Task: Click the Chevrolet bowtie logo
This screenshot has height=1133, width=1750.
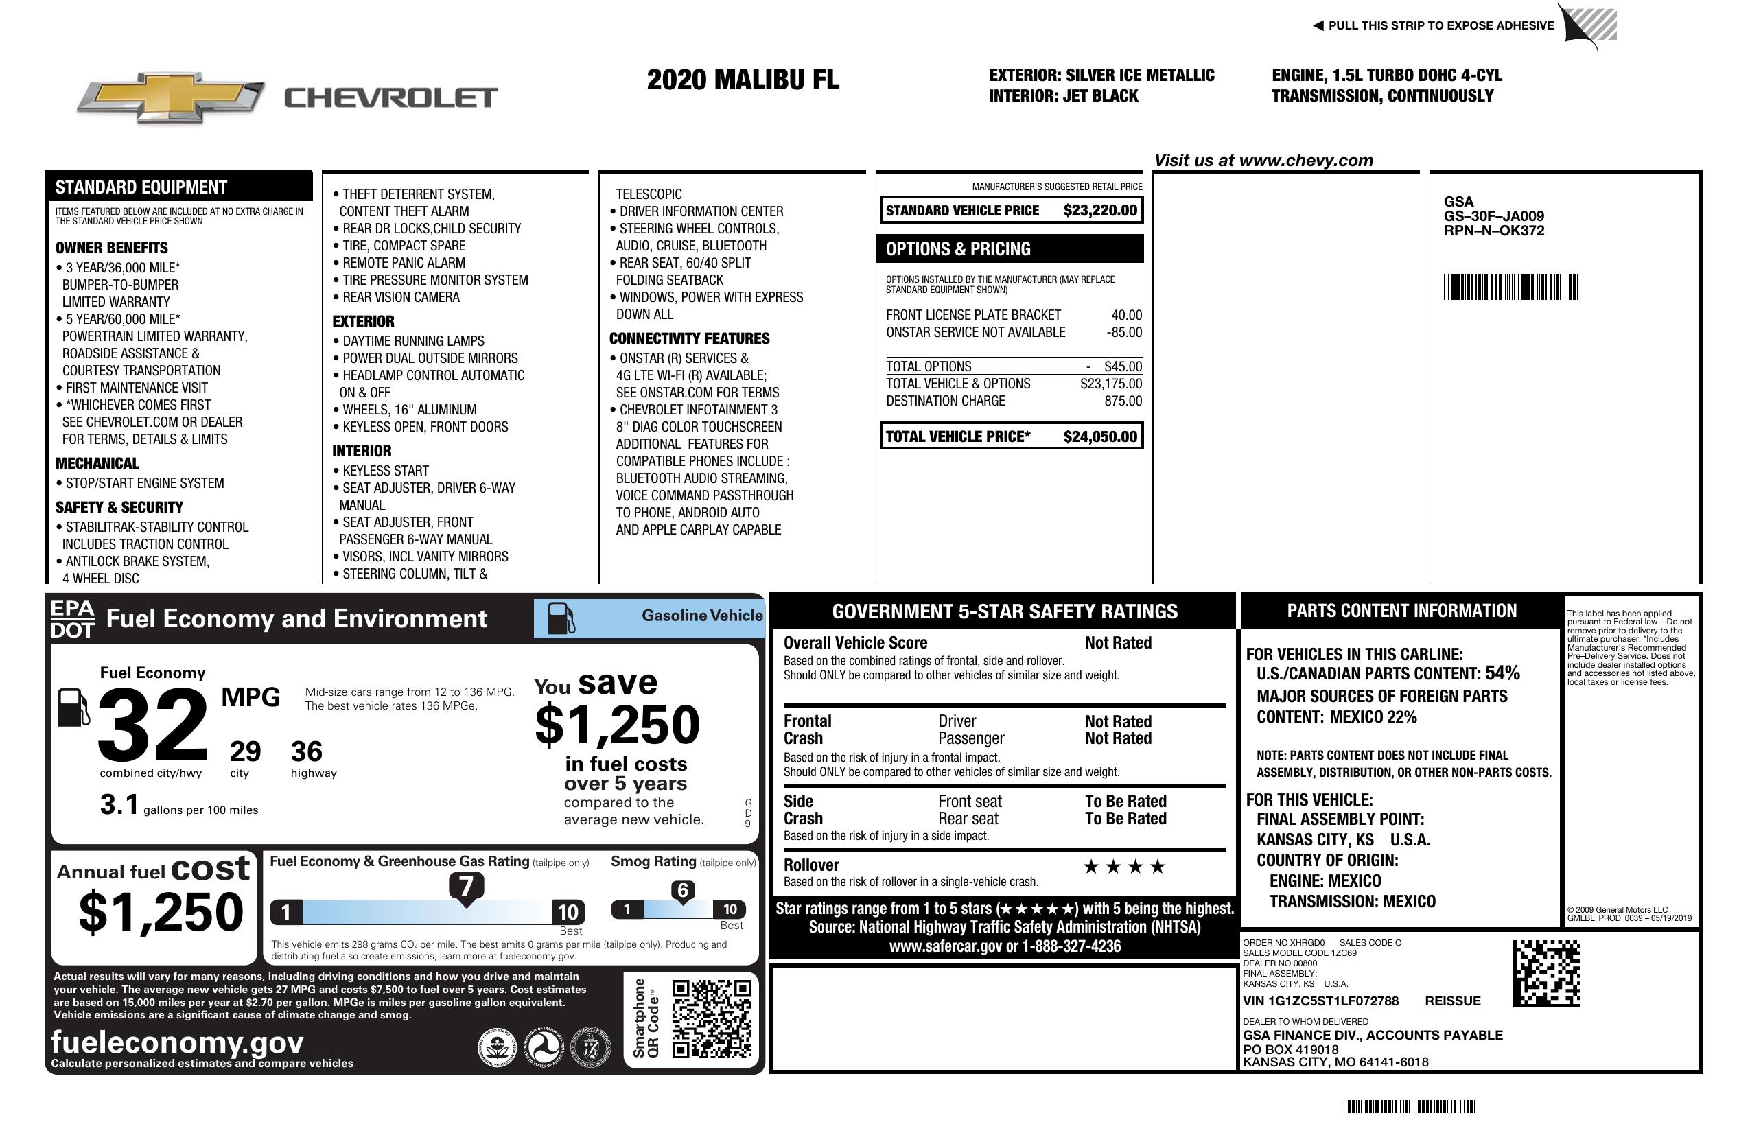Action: point(171,96)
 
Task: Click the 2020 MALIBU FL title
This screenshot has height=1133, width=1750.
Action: point(742,80)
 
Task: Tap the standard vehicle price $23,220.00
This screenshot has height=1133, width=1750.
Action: point(1099,210)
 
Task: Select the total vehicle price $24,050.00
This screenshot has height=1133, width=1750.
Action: point(1099,436)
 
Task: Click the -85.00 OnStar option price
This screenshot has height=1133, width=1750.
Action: point(1123,332)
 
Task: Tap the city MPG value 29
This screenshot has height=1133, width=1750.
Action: point(245,751)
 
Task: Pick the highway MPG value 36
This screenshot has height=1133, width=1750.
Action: point(307,751)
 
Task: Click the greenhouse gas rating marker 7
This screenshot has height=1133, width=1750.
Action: point(466,887)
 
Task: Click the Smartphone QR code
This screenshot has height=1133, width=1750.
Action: point(711,1018)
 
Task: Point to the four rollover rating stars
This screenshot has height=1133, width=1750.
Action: point(1124,867)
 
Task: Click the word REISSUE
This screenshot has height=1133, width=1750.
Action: point(1452,1001)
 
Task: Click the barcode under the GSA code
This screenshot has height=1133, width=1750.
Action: point(1510,287)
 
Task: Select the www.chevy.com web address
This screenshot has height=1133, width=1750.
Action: point(1305,161)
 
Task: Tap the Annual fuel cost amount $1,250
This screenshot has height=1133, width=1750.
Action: point(161,912)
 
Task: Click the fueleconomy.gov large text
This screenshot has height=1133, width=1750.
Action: point(177,1042)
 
